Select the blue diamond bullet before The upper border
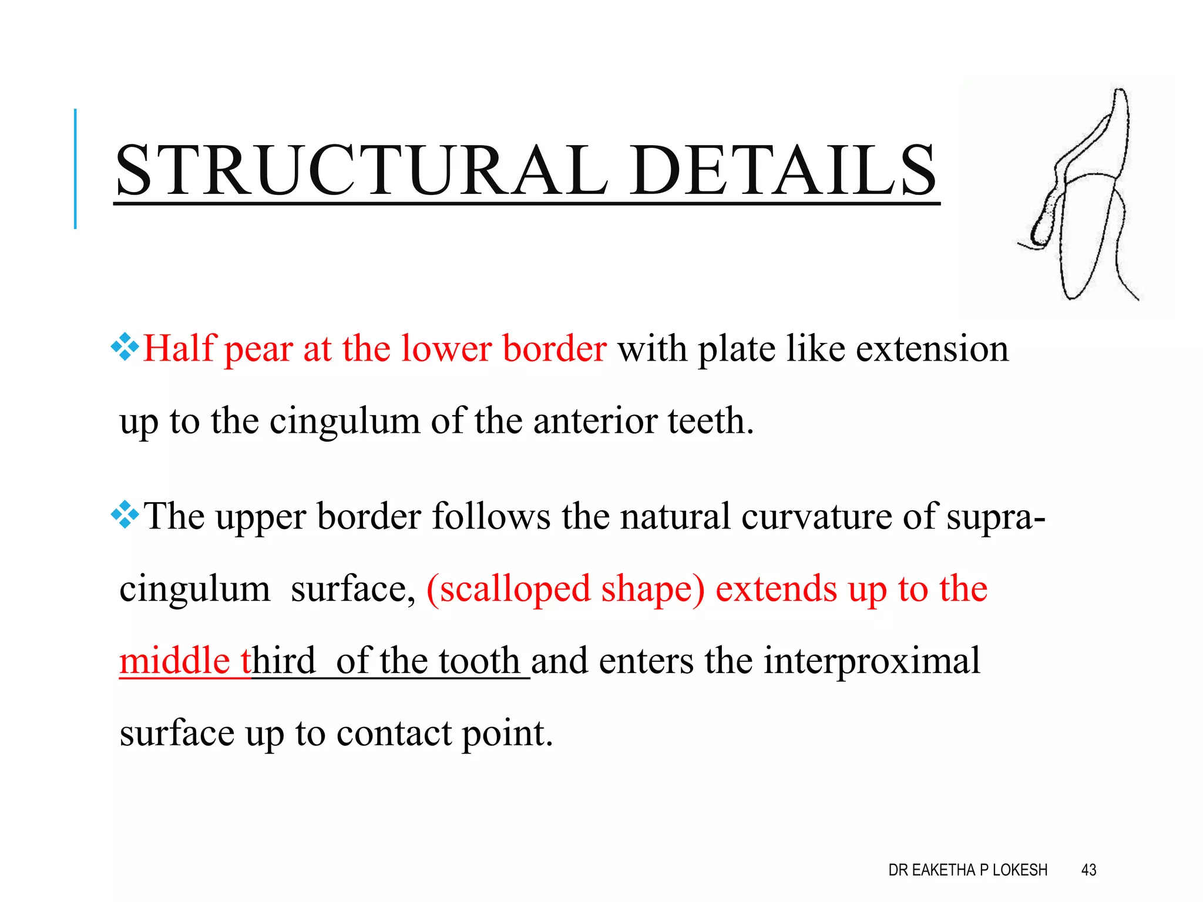point(125,515)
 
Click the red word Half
point(179,348)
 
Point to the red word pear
point(258,350)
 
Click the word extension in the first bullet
point(932,349)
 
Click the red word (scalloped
point(508,590)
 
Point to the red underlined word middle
point(174,661)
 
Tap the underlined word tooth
point(479,661)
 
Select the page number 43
point(1088,870)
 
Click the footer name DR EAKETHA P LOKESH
point(967,870)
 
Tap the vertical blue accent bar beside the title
point(75,169)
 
